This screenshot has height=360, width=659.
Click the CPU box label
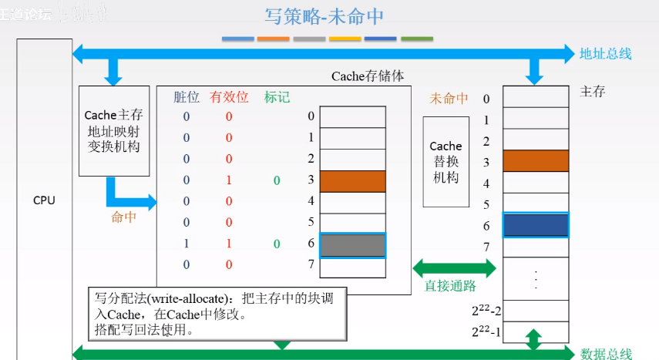[x=44, y=200]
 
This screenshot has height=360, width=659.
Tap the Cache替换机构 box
[x=445, y=161]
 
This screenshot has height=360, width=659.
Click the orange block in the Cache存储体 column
[x=352, y=180]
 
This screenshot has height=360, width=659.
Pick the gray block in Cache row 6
[x=352, y=245]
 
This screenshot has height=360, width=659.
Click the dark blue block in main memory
[x=536, y=225]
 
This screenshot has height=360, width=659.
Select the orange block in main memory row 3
[x=536, y=160]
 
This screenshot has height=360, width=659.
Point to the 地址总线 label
[x=606, y=54]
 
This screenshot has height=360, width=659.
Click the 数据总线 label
[x=606, y=354]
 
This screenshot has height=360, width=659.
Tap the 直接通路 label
[x=449, y=285]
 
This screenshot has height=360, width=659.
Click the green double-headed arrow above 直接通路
[x=456, y=267]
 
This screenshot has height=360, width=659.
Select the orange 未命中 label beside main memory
[x=449, y=99]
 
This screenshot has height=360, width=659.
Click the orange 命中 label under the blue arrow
[x=124, y=217]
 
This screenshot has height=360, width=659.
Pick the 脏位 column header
[x=186, y=97]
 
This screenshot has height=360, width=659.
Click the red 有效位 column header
[x=229, y=97]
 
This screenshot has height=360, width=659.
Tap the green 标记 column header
[x=277, y=97]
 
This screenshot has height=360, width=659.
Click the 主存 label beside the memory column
[x=592, y=92]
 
